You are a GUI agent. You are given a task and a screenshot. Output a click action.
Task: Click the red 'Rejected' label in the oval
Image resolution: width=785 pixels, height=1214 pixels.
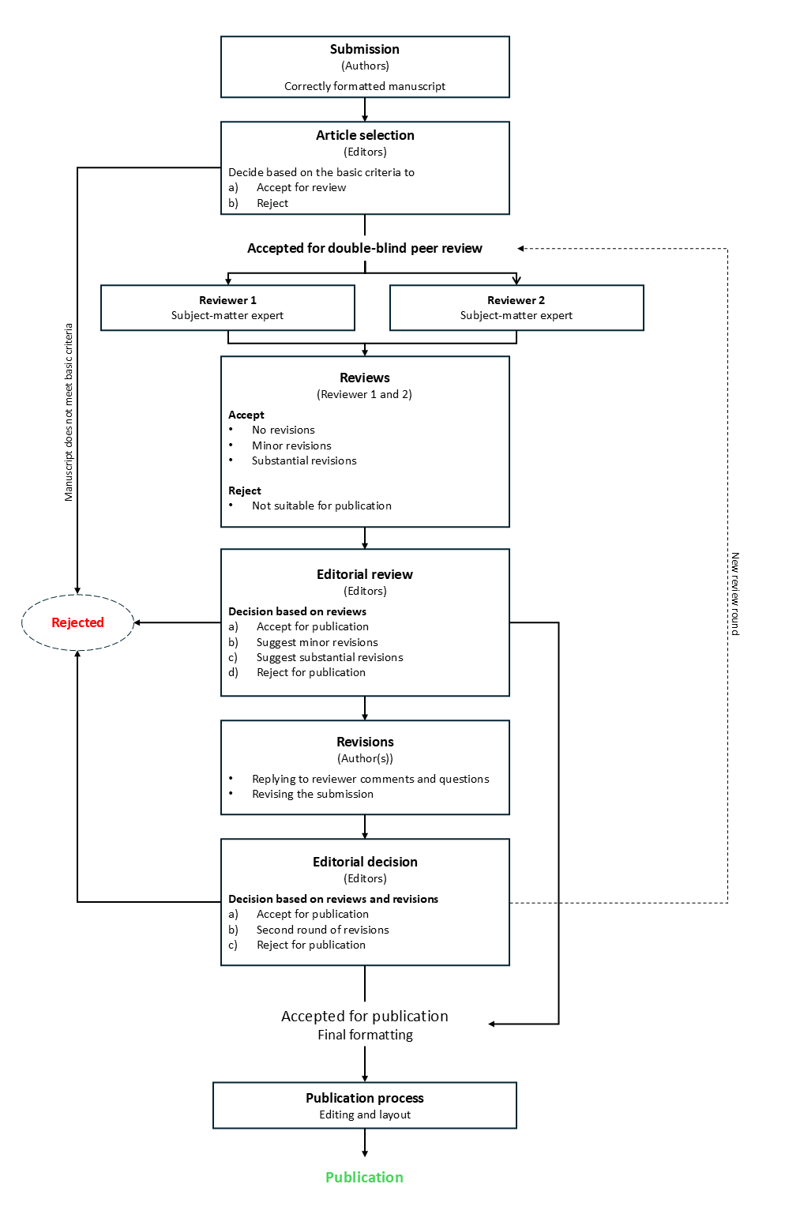[77, 622]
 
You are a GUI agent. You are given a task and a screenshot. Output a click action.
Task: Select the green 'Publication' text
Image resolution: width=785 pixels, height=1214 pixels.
[364, 1177]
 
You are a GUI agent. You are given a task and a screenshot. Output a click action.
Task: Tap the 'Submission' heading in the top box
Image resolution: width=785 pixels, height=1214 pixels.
[364, 49]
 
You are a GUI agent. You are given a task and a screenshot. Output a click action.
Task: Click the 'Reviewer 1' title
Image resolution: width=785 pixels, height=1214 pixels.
[227, 300]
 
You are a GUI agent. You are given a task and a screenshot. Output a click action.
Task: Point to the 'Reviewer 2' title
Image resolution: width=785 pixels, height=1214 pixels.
[516, 300]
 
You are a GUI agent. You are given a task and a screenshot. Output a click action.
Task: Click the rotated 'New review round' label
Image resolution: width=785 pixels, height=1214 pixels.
[734, 593]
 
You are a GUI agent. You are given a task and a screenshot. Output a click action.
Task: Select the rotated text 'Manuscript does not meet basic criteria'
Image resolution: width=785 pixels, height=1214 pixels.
[69, 412]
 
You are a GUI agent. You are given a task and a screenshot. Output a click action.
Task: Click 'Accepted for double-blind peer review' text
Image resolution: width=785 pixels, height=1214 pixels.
[364, 248]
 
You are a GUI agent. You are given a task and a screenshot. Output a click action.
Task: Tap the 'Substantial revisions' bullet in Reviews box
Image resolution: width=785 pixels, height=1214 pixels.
[304, 460]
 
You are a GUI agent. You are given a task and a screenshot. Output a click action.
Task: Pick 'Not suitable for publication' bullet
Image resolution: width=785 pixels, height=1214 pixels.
[321, 506]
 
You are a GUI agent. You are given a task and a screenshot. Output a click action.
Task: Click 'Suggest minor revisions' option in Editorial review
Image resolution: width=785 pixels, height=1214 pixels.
[317, 642]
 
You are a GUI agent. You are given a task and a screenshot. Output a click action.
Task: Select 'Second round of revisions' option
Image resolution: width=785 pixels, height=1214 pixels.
[322, 930]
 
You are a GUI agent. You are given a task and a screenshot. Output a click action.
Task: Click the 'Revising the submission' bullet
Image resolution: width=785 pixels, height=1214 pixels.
[313, 794]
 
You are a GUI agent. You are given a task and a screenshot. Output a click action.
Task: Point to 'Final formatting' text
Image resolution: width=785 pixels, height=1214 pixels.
[365, 1035]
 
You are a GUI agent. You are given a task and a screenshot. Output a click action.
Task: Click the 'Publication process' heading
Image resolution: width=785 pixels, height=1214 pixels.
[364, 1098]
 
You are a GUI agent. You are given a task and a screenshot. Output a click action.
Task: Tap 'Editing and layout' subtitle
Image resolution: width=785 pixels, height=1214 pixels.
[364, 1114]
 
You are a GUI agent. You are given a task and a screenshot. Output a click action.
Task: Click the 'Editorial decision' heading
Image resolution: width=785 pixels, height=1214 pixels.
[364, 862]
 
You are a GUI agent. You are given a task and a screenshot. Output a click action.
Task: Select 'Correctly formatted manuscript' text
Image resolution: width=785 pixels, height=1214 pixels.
[364, 86]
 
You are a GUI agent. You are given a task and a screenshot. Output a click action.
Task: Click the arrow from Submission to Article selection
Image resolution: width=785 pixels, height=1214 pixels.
[365, 110]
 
